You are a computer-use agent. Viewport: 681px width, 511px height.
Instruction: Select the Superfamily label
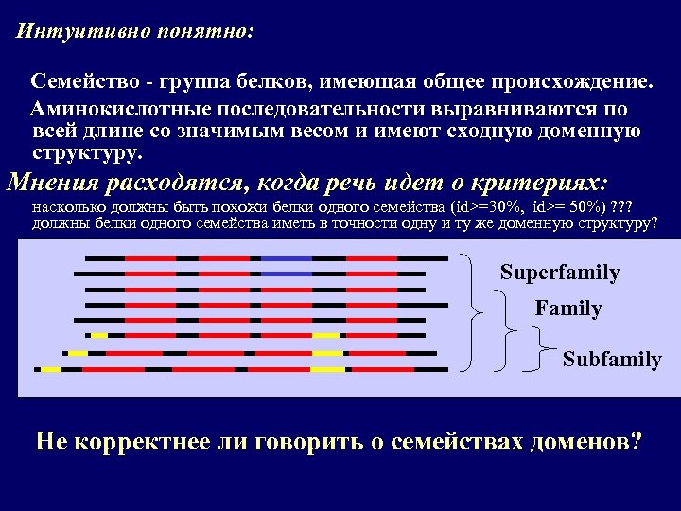pyautogui.click(x=560, y=273)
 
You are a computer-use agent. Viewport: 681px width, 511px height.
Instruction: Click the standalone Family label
pyautogui.click(x=567, y=308)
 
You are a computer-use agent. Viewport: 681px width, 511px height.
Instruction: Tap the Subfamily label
pyautogui.click(x=612, y=360)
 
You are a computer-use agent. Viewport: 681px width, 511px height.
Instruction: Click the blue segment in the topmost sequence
pyautogui.click(x=287, y=257)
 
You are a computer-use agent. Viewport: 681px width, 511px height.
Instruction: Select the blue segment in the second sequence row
pyautogui.click(x=287, y=273)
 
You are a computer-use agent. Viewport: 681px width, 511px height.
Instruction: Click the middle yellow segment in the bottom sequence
pyautogui.click(x=328, y=369)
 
